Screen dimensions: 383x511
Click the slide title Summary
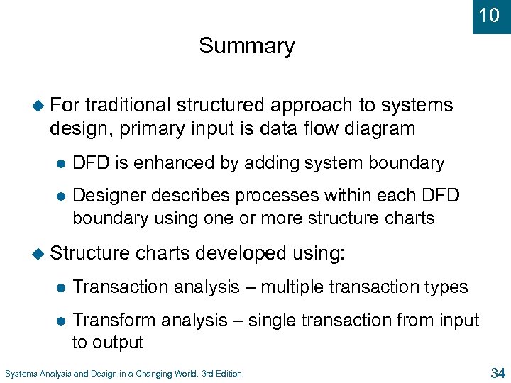(246, 46)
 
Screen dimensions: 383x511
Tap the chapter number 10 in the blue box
(489, 15)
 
